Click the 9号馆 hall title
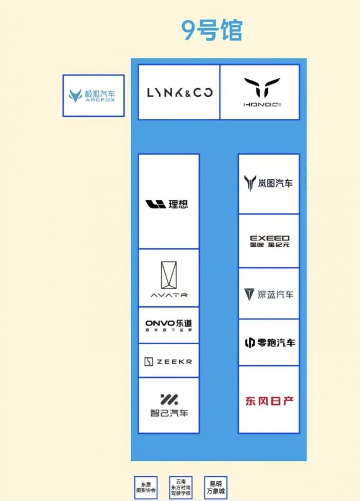[x=212, y=30]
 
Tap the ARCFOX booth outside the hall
[x=94, y=95]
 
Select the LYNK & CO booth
[x=179, y=92]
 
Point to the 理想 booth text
[x=178, y=204]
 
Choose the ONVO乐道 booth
[x=169, y=325]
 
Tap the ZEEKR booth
[x=169, y=361]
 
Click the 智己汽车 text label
[x=169, y=413]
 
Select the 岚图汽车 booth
[x=269, y=183]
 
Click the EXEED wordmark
[x=270, y=238]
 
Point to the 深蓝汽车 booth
[x=269, y=294]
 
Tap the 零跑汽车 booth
[x=269, y=343]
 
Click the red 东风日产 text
[x=269, y=401]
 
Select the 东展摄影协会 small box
[x=146, y=488]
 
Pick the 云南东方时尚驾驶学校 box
[x=181, y=488]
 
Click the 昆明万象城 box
[x=216, y=488]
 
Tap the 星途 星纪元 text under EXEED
[x=270, y=245]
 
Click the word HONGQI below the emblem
[x=262, y=104]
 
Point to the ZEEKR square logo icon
[x=149, y=362]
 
